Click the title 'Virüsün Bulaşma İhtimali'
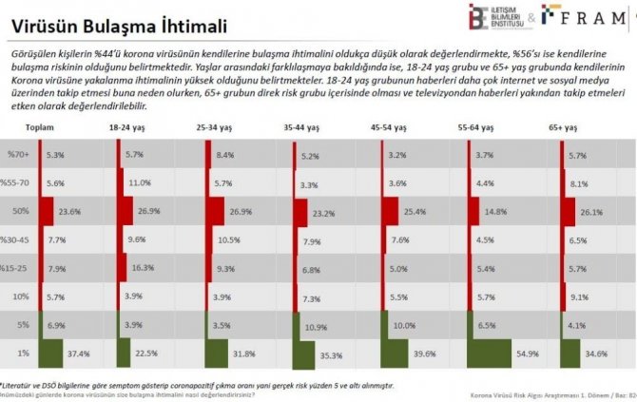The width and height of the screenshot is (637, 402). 112,18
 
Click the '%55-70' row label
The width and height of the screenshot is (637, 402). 18,183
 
